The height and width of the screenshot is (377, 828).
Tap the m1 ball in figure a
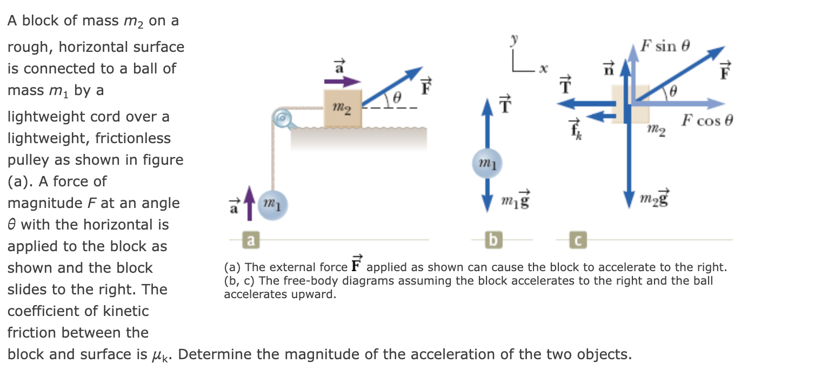[x=273, y=206]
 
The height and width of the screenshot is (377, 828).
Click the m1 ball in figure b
[x=488, y=164]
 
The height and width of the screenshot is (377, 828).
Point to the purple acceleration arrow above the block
[x=342, y=82]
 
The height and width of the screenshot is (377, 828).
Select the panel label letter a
[x=250, y=239]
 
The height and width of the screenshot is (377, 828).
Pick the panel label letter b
[x=492, y=239]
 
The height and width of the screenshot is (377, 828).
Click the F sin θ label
[x=665, y=45]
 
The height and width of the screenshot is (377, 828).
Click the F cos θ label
[x=706, y=120]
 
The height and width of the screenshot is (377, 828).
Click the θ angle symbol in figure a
[x=397, y=98]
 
